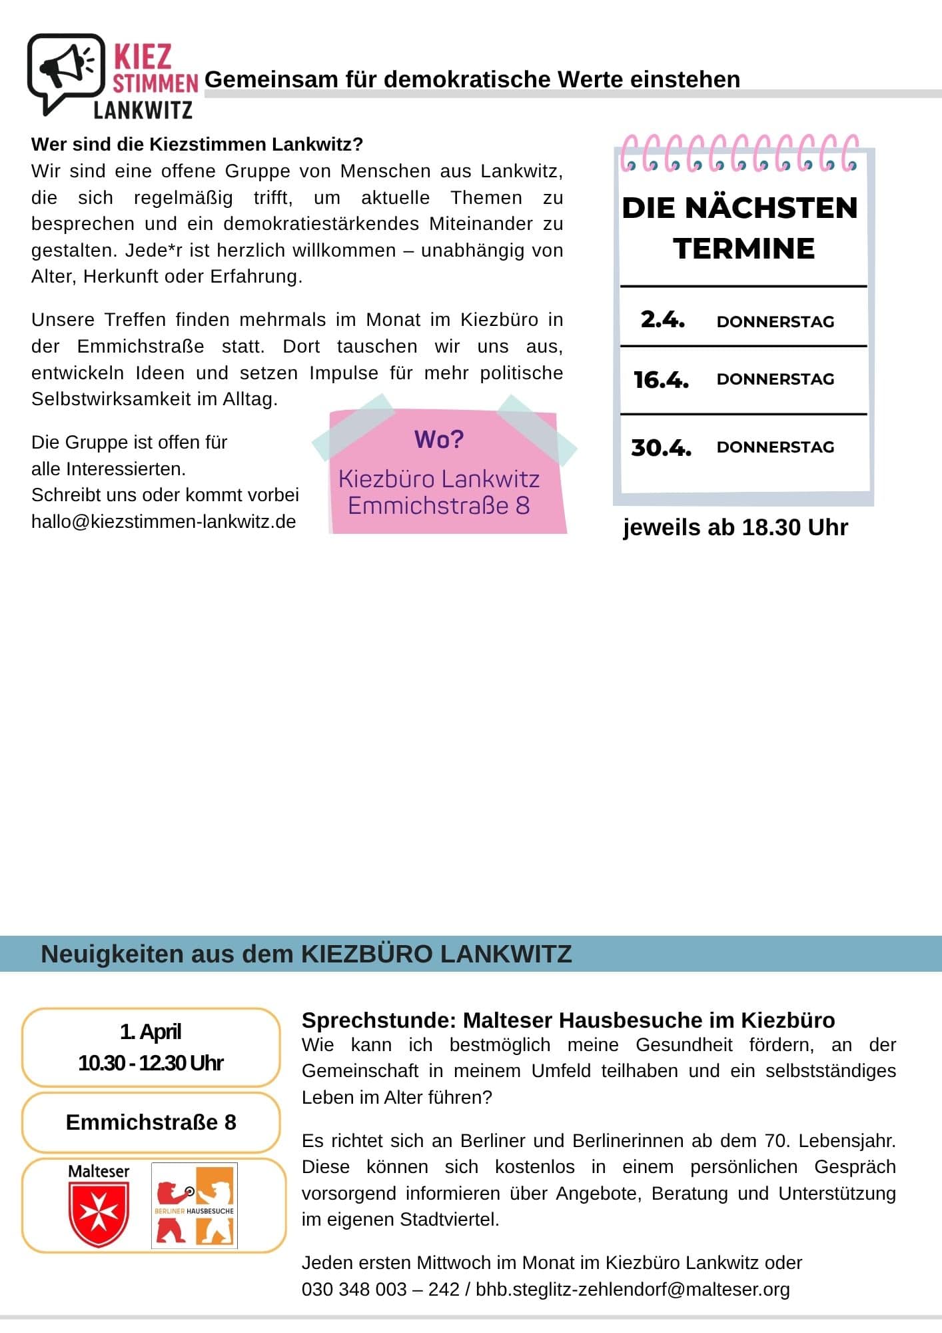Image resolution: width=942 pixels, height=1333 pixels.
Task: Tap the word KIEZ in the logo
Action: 143,57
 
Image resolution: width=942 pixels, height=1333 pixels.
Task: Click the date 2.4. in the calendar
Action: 662,320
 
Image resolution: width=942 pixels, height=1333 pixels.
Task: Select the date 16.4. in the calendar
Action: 661,380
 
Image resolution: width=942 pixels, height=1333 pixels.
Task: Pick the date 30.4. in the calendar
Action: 661,447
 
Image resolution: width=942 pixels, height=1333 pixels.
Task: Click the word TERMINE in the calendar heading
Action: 743,249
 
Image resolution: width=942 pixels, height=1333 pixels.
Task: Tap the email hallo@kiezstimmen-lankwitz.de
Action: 164,521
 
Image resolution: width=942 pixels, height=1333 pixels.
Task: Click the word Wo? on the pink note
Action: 439,440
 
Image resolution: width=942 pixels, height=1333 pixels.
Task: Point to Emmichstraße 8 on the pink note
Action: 439,506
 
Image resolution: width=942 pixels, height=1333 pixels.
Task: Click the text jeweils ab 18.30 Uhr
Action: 735,527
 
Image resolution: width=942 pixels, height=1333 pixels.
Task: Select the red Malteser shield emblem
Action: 99,1214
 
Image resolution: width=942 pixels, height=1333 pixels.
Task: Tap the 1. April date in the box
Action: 151,1032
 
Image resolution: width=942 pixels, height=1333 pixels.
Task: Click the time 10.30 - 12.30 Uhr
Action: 151,1062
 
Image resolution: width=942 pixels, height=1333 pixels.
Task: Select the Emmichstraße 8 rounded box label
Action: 151,1122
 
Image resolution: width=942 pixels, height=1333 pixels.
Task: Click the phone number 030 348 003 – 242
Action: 380,1289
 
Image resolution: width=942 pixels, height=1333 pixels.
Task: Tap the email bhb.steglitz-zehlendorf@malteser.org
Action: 632,1289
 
